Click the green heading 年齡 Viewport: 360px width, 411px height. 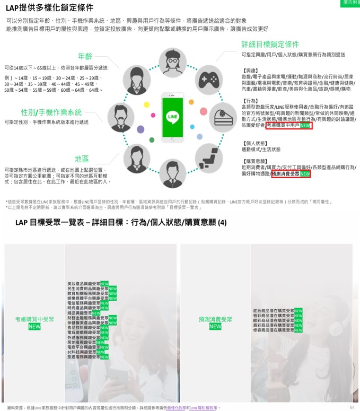(x=85, y=56)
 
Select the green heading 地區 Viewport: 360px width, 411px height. (x=81, y=159)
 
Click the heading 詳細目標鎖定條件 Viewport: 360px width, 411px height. (x=270, y=44)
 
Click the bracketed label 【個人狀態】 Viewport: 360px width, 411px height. (x=255, y=143)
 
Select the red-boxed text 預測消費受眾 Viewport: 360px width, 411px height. (x=285, y=173)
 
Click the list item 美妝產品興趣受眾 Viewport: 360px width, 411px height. (x=84, y=284)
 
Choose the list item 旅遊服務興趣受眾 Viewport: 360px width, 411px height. (x=84, y=357)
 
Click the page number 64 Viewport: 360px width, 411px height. (x=352, y=407)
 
